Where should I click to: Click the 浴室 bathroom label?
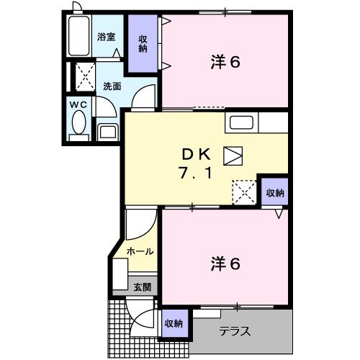(107, 35)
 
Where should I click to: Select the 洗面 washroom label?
(112, 86)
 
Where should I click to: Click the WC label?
(78, 105)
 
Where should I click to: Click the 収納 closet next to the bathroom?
(143, 44)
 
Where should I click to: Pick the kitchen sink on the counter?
(240, 122)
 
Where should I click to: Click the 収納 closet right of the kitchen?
(274, 192)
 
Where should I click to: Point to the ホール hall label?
(139, 251)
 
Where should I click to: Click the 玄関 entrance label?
(142, 287)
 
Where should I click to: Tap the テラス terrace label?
(235, 332)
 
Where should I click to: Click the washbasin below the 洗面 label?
(108, 130)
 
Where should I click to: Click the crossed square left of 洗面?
(85, 75)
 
